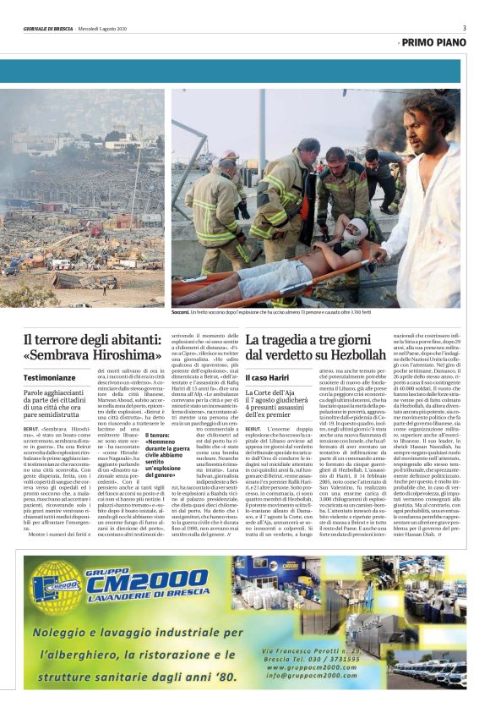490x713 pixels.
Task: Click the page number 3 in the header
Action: coord(464,28)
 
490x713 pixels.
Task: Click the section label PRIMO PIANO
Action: coord(434,41)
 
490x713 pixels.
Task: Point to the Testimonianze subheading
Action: coord(53,376)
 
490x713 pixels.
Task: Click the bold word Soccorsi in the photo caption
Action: coord(182,313)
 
